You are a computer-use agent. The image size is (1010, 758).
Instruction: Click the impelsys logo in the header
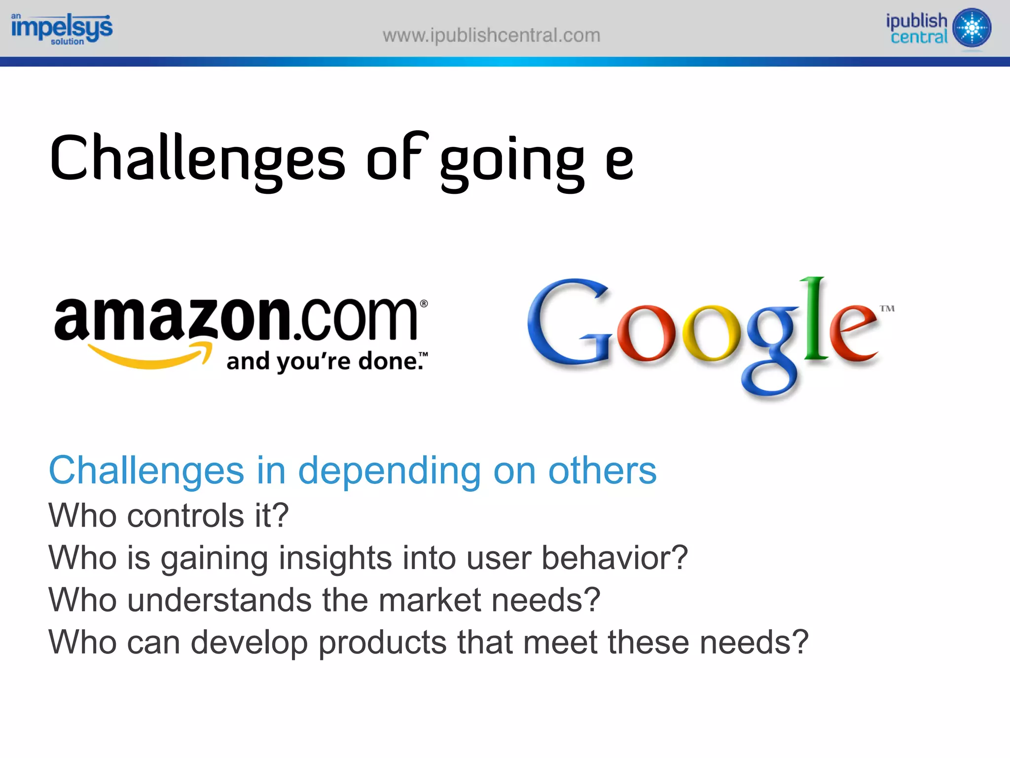click(x=62, y=29)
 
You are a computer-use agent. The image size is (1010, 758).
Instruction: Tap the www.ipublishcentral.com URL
click(x=491, y=36)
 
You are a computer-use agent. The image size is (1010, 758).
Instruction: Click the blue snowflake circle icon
click(x=972, y=28)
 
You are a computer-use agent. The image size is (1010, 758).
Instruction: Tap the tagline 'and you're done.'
click(x=326, y=361)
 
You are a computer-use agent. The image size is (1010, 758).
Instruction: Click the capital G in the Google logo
click(x=567, y=324)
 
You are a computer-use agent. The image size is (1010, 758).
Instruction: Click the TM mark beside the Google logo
click(x=887, y=309)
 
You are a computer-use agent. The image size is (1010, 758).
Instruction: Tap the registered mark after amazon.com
click(x=424, y=304)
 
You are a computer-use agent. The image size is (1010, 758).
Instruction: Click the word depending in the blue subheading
click(x=389, y=471)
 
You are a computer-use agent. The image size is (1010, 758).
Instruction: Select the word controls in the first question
click(x=185, y=516)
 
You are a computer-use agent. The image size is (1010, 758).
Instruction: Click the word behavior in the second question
click(x=614, y=558)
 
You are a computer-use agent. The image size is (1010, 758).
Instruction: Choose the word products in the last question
click(x=382, y=643)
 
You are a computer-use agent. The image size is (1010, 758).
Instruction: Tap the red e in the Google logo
click(x=852, y=335)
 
